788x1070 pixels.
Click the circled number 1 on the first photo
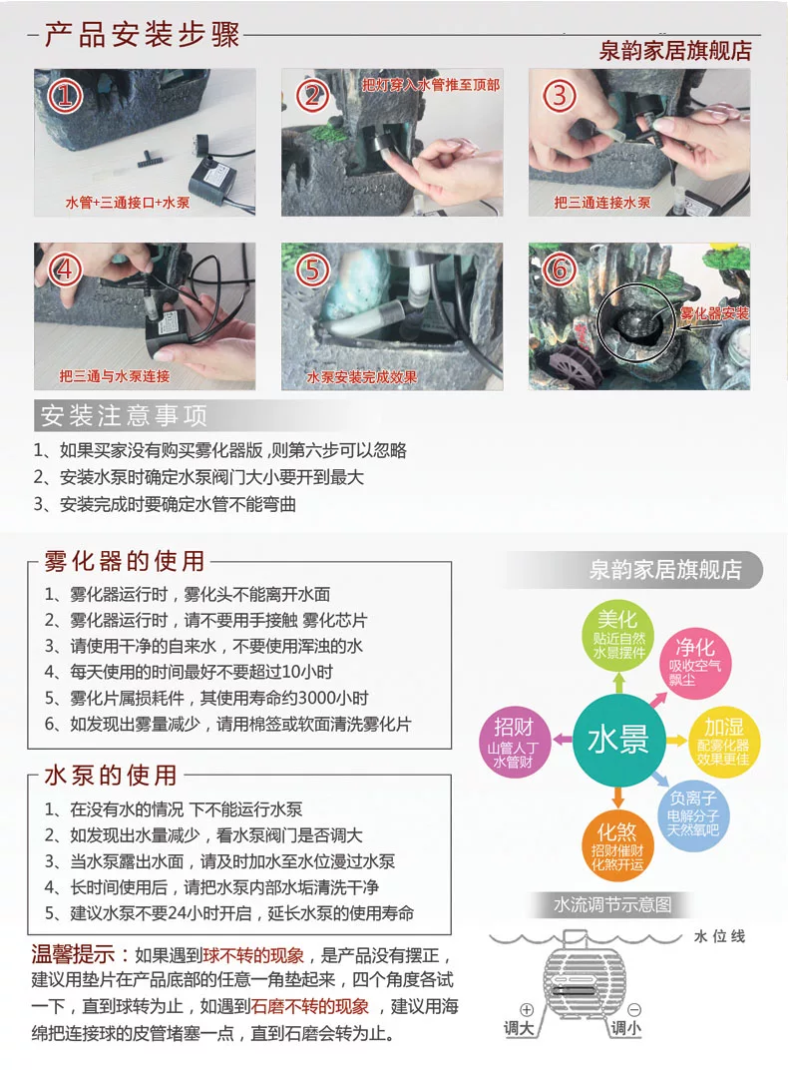(65, 96)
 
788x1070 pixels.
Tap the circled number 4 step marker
(65, 270)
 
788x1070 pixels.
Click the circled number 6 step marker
(559, 270)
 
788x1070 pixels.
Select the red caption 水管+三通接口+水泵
(127, 203)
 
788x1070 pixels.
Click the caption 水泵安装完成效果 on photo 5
(361, 376)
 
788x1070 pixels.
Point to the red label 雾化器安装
(714, 313)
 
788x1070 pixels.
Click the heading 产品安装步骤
(142, 36)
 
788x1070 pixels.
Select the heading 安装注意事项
(124, 415)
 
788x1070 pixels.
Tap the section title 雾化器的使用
(124, 561)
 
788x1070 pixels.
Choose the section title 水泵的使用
(111, 776)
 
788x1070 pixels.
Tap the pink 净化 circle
(694, 662)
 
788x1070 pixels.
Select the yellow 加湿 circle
(722, 741)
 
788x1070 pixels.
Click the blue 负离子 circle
(692, 814)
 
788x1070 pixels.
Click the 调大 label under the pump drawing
(519, 1028)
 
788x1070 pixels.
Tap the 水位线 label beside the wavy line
(719, 936)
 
